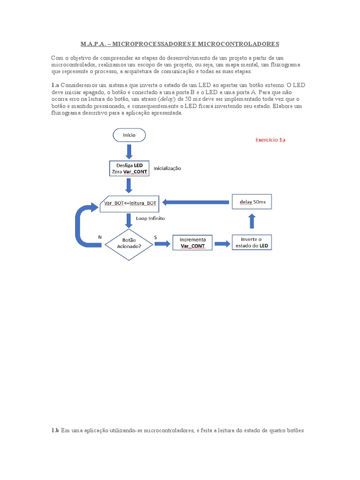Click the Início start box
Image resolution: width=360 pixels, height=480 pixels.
(x=129, y=135)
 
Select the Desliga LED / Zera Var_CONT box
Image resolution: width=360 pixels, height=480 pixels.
(x=129, y=168)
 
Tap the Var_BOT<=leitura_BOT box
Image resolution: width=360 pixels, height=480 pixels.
(x=129, y=203)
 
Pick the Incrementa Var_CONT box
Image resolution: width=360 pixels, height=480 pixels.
(x=193, y=243)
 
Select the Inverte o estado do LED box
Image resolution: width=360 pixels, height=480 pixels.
(x=252, y=243)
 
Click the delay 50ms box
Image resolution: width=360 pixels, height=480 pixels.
(x=252, y=202)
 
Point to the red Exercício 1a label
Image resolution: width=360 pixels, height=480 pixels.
(x=270, y=140)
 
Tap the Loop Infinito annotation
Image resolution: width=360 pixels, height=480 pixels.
(x=150, y=218)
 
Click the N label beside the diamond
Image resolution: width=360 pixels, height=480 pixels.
(x=100, y=237)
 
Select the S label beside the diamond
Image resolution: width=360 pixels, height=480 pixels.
(x=155, y=238)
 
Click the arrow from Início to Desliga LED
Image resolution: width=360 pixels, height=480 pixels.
(x=129, y=151)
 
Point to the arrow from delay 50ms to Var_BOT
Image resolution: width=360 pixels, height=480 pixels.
(x=195, y=202)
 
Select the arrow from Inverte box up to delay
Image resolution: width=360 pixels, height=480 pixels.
(x=252, y=222)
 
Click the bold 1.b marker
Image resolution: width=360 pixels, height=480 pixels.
(x=55, y=430)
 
